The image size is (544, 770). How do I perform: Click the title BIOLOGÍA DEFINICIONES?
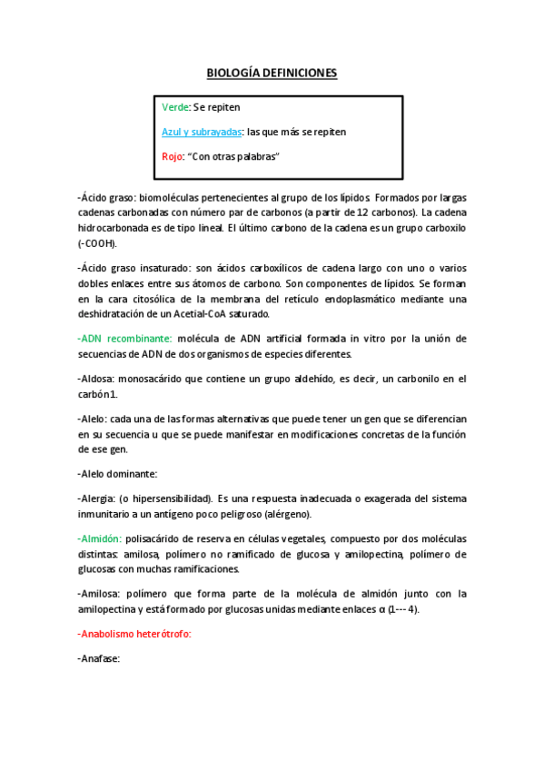click(x=272, y=73)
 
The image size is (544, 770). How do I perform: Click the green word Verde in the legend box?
click(x=176, y=107)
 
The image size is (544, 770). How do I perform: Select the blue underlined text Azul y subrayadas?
click(x=202, y=132)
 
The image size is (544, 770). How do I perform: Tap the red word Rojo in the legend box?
click(x=173, y=157)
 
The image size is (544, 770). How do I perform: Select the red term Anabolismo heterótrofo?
click(x=135, y=634)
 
